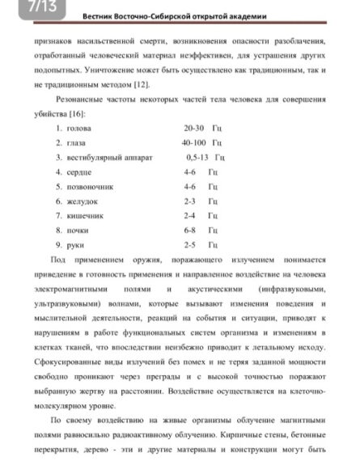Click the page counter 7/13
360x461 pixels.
(16, 8)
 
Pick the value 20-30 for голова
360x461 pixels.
(194, 128)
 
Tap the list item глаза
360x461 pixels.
(78, 142)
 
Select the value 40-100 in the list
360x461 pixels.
(195, 142)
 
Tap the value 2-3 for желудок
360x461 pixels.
(190, 201)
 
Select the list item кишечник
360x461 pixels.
(84, 215)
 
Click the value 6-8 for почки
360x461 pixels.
(190, 230)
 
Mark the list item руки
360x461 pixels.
(76, 244)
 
